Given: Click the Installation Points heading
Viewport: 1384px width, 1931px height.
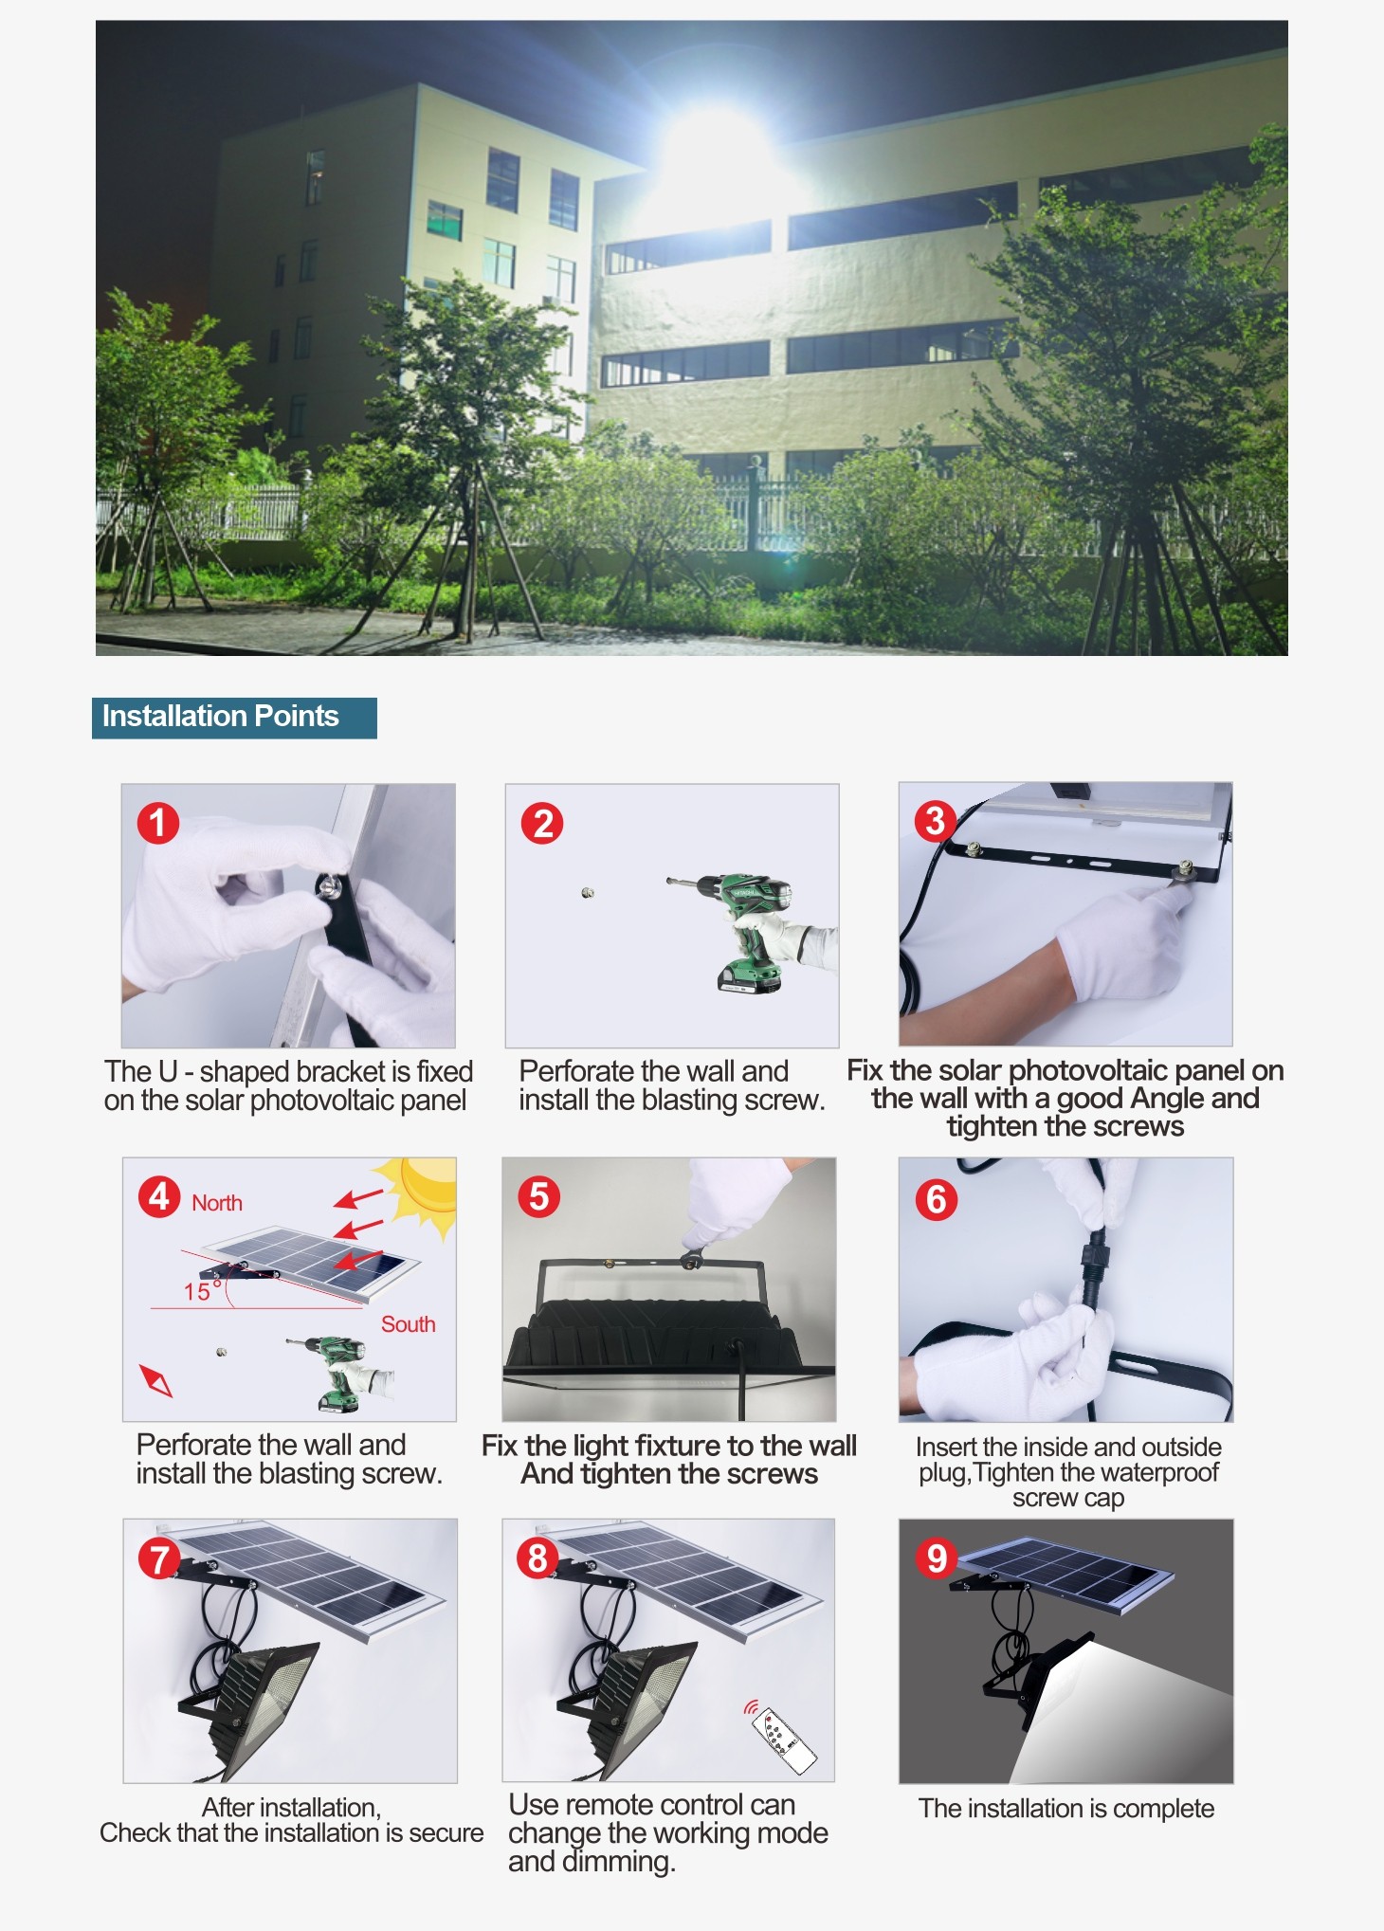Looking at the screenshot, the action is tap(220, 716).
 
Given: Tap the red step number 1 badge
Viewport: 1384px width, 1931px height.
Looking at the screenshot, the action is tap(157, 823).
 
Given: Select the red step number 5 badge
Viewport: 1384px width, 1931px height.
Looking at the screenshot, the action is tap(538, 1196).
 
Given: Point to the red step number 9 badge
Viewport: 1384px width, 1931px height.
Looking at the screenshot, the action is tap(937, 1558).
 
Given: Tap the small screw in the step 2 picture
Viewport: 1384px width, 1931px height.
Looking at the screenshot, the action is tap(588, 892).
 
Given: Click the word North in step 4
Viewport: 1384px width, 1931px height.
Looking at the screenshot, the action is tap(217, 1203).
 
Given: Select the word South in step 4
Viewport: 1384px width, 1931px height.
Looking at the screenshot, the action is tap(409, 1324).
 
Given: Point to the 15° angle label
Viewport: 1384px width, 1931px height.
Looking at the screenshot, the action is tap(201, 1290).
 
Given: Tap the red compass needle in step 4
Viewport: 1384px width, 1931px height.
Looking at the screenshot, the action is tap(156, 1380).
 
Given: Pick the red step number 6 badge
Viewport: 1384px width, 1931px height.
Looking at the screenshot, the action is tap(936, 1199).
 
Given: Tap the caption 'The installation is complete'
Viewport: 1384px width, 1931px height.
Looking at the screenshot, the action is tap(1066, 1809).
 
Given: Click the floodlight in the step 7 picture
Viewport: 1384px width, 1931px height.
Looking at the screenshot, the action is tap(251, 1706).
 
